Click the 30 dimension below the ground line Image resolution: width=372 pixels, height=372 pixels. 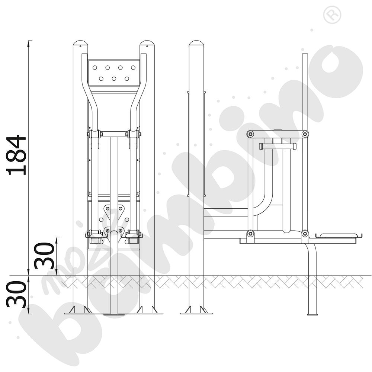[16, 294]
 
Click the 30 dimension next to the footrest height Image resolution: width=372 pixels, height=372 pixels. [44, 256]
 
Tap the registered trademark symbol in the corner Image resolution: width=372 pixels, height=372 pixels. [332, 15]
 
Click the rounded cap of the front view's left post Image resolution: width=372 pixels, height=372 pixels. [80, 44]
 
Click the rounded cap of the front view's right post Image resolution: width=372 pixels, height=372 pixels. [147, 44]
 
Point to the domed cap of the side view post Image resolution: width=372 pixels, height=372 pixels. [196, 44]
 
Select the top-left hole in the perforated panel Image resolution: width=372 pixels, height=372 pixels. [94, 68]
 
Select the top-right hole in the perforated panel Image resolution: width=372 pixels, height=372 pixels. [133, 68]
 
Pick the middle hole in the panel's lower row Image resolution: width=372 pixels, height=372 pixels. [114, 79]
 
